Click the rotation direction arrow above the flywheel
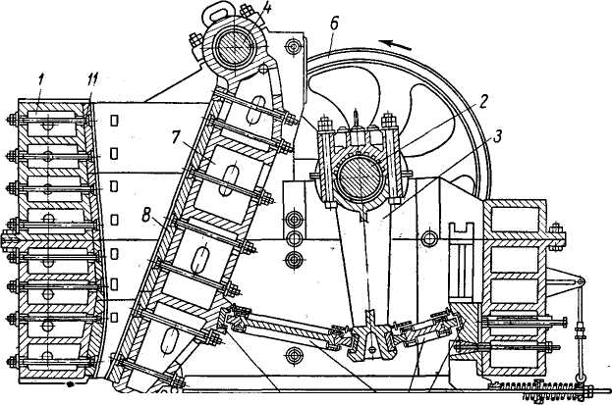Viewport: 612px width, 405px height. (x=399, y=43)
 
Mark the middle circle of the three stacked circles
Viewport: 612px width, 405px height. (x=292, y=238)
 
